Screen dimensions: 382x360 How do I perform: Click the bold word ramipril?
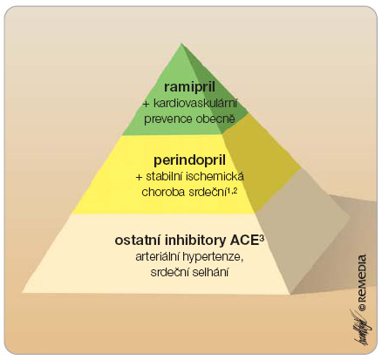(189, 88)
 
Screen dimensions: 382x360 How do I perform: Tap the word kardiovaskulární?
(195, 104)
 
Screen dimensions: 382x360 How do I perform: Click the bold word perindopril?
(189, 161)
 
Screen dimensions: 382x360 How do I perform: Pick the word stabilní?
(164, 177)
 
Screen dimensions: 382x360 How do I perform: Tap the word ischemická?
(215, 177)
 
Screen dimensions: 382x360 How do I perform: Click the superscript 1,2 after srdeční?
(233, 190)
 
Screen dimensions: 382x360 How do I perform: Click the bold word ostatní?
(138, 241)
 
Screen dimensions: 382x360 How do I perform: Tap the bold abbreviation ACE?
(243, 241)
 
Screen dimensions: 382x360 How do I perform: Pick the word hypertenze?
(213, 258)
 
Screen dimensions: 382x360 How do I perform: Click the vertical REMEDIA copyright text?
(362, 283)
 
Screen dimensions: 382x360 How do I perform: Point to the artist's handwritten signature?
(359, 327)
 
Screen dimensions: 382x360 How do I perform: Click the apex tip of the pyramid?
(181, 44)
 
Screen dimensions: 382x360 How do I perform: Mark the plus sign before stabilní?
(140, 177)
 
